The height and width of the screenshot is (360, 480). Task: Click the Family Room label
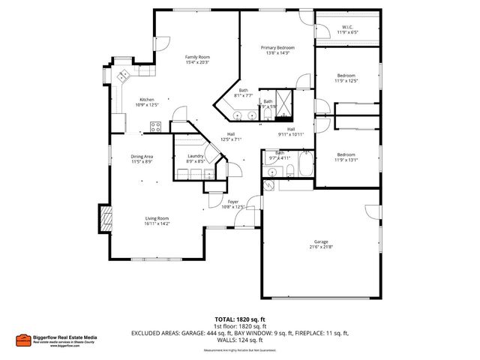click(197, 57)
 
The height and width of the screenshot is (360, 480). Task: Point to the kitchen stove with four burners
click(156, 127)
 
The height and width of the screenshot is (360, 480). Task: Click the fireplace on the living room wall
click(105, 221)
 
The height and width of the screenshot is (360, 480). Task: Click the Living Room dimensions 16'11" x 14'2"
click(157, 223)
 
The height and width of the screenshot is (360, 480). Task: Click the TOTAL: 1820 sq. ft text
click(239, 319)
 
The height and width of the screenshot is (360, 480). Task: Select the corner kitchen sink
click(123, 76)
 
